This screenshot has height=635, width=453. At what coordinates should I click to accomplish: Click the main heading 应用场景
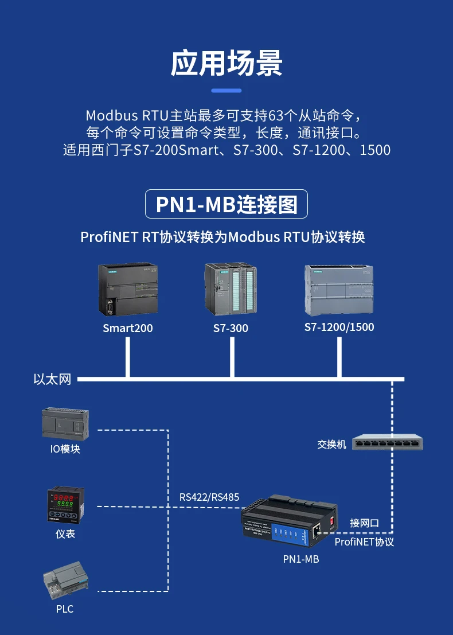coord(226,63)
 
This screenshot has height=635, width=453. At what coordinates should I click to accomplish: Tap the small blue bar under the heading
coord(226,90)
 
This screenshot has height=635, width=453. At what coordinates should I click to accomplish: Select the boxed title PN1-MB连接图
coord(226,204)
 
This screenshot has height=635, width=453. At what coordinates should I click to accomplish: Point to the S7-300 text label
coord(231,328)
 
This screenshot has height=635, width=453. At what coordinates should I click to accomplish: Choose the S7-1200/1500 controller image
coord(339,290)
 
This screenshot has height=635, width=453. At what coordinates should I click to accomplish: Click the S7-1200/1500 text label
coord(339,327)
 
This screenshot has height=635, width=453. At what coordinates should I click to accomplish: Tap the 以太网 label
coord(52,379)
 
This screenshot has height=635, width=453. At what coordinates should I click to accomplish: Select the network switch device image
coord(388,442)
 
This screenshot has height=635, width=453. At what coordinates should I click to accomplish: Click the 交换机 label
coord(332,444)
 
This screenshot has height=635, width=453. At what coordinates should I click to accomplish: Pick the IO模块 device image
coord(65,423)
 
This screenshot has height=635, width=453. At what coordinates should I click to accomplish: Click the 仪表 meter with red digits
coord(65,504)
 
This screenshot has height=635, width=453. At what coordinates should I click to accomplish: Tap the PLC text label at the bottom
coord(65,609)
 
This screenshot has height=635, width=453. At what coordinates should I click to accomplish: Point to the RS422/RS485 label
coord(209,497)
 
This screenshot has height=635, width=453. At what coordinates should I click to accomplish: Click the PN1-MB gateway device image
coord(290,522)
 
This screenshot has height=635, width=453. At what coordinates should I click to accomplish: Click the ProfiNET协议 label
coord(364,541)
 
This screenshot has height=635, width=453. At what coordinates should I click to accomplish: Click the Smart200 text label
coord(128,328)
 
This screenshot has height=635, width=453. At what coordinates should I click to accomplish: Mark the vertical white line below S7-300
coord(232,357)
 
